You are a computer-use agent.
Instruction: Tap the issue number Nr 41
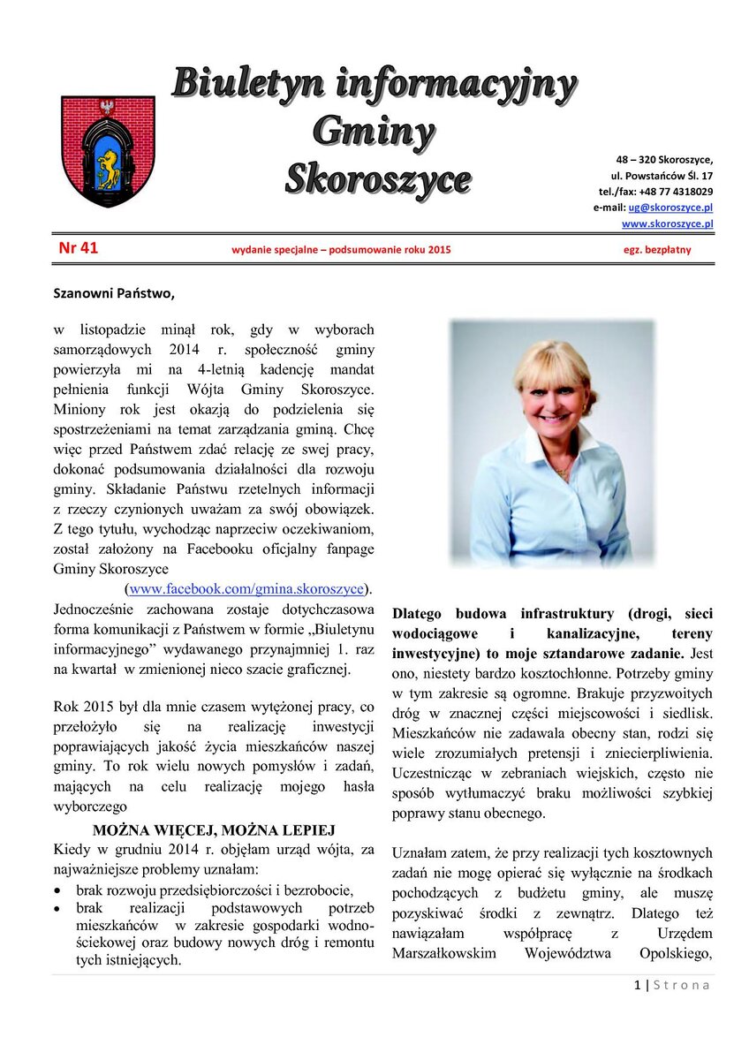click(x=79, y=248)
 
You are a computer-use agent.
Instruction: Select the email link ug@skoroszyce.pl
click(x=670, y=208)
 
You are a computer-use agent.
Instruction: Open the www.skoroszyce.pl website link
click(x=667, y=224)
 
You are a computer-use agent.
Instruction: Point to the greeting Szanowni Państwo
click(x=115, y=292)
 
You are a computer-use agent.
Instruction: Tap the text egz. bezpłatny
click(x=657, y=250)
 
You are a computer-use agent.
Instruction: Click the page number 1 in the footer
click(x=637, y=986)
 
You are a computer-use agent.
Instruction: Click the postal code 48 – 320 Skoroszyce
click(x=664, y=159)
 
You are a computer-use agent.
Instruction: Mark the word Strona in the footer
click(x=681, y=986)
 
